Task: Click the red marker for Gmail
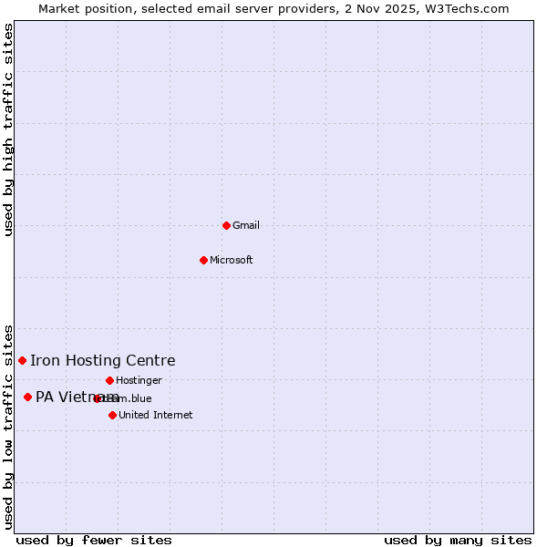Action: pos(226,225)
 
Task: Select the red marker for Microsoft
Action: pos(203,260)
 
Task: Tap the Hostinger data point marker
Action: pos(109,380)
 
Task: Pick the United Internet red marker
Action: pos(112,415)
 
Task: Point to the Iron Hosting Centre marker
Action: pos(22,360)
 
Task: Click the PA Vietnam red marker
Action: pos(27,397)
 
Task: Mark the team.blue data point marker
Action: pos(97,398)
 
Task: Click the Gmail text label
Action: pos(246,225)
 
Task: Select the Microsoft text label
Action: pos(232,260)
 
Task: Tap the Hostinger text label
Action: pos(139,380)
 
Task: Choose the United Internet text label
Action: pos(155,415)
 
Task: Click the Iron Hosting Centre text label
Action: pos(102,361)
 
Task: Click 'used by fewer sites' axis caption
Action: pos(94,540)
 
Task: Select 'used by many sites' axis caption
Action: pos(458,540)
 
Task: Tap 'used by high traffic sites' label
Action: pos(9,129)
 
